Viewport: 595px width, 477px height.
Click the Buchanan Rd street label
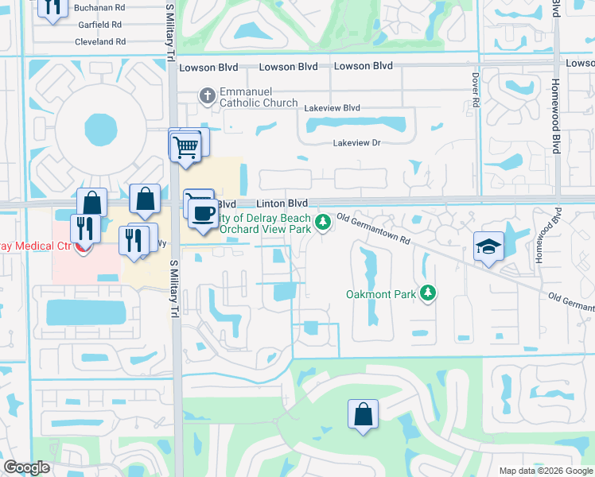coord(99,7)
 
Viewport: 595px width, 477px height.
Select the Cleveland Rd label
coord(100,41)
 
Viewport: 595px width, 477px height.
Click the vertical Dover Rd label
coord(475,91)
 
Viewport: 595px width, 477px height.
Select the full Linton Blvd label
coord(281,204)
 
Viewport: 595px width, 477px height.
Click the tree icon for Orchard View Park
coord(323,222)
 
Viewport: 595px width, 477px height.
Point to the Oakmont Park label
coord(381,294)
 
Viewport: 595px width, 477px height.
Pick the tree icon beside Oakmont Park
coord(428,293)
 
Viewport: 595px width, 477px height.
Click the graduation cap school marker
coord(488,246)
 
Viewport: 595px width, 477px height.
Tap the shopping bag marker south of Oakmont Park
coord(363,414)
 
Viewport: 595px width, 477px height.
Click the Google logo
coord(27,468)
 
